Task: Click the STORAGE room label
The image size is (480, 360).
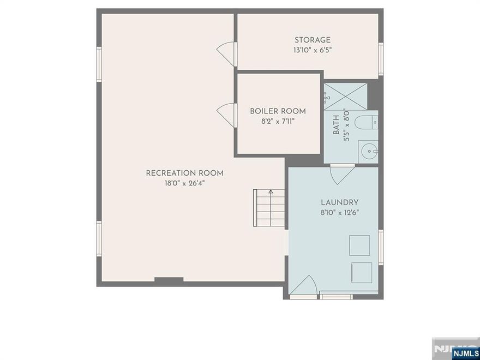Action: (x=313, y=40)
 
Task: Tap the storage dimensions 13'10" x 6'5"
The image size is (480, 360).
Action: (x=313, y=50)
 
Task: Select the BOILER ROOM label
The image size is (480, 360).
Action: (x=278, y=111)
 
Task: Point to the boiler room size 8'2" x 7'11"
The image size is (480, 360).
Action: (x=278, y=121)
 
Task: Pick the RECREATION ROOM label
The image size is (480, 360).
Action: (x=184, y=173)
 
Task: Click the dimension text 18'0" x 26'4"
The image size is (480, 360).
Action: (x=184, y=183)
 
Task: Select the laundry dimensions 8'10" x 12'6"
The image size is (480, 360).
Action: (x=339, y=212)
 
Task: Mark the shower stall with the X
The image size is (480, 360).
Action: (x=346, y=96)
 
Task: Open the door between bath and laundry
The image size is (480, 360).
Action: (x=343, y=173)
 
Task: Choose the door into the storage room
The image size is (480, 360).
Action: (x=226, y=53)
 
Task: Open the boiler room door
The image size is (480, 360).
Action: (x=226, y=115)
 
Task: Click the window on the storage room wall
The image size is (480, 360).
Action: (x=381, y=58)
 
